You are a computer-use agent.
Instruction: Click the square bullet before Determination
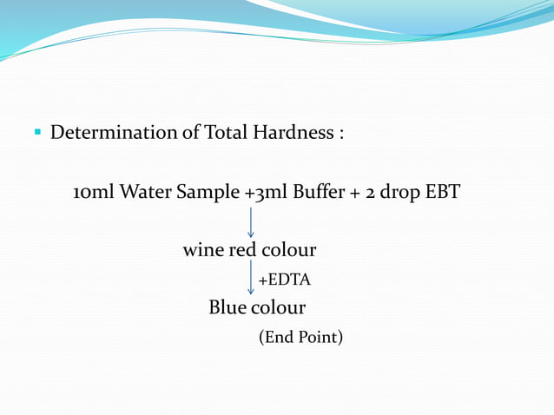click(x=37, y=133)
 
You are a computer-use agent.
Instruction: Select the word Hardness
click(x=293, y=133)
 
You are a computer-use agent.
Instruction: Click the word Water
click(x=145, y=192)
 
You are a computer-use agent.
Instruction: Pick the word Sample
click(x=208, y=192)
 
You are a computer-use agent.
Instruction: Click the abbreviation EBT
click(x=442, y=192)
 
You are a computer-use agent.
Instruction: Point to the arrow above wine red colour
click(x=251, y=221)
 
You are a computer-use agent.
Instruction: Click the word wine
click(x=203, y=250)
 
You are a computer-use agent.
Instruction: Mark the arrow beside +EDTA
click(x=251, y=280)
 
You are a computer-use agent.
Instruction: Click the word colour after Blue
click(x=279, y=307)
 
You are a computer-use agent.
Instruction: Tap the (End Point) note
click(x=300, y=337)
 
